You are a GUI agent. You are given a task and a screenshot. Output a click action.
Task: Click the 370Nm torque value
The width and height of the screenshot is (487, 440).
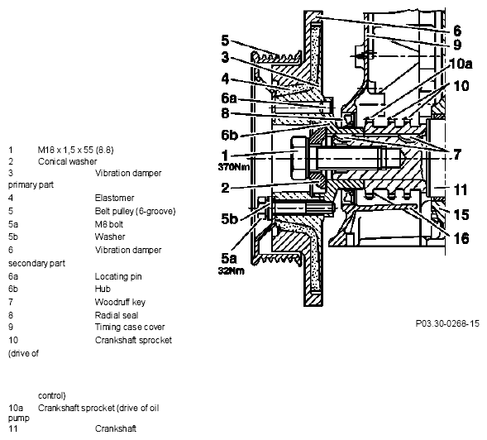234,167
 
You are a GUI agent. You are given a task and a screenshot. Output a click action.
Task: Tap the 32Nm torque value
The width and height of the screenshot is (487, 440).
231,270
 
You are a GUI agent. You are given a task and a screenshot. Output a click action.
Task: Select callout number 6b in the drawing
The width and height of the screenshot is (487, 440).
230,135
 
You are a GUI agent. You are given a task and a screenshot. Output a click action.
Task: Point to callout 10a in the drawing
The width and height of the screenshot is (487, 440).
461,64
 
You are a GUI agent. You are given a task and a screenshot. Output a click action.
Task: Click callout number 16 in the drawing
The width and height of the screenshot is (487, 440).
461,239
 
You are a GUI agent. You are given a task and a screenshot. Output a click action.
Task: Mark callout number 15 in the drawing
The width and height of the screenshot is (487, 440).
461,214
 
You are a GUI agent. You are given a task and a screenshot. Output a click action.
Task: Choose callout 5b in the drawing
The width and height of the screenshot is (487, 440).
230,218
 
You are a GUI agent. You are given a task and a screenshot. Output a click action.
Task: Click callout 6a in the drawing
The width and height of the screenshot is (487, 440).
229,98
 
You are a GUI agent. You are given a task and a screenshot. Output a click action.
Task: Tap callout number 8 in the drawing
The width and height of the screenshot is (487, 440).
225,113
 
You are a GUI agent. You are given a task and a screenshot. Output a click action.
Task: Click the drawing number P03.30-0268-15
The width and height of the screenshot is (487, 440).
447,323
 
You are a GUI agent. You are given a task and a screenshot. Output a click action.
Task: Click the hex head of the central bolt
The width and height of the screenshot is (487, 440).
298,159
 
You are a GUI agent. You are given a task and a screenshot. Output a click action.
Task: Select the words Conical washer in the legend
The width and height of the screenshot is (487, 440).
68,161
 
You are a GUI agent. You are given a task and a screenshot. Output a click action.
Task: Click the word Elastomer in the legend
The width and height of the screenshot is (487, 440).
115,198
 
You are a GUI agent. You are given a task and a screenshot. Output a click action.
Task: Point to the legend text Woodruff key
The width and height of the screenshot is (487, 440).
120,302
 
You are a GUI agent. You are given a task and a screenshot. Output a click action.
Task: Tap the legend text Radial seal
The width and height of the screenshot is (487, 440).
117,315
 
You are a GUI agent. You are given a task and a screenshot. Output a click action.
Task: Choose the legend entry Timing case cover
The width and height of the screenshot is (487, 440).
130,327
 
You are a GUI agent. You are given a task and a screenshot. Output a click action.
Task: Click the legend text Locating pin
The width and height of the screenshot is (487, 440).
118,276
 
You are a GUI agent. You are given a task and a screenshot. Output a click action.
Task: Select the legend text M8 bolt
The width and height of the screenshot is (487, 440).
109,224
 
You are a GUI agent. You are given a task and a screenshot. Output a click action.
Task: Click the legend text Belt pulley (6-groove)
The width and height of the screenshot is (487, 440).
136,211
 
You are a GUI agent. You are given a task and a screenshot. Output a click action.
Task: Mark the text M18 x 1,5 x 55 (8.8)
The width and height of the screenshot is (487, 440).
76,150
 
